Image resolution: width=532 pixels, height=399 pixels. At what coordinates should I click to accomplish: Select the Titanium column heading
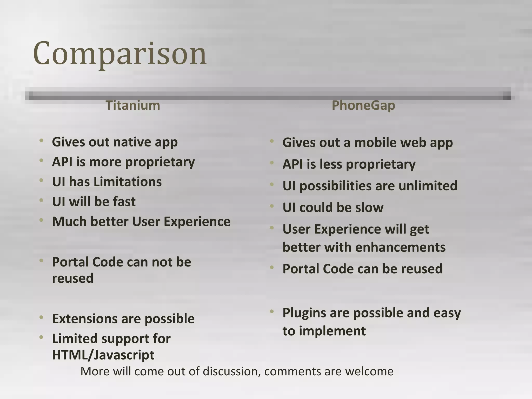[133, 105]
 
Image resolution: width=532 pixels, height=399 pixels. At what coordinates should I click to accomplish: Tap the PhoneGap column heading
[363, 105]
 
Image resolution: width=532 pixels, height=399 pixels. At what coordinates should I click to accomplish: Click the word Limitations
[128, 182]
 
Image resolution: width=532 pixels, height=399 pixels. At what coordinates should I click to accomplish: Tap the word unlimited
[428, 186]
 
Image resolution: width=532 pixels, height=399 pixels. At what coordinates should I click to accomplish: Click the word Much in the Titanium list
[69, 222]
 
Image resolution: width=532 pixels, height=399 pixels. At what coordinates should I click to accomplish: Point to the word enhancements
[400, 247]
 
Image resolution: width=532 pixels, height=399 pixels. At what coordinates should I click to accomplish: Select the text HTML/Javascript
[103, 355]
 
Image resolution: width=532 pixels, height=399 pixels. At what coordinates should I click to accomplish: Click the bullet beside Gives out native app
[41, 141]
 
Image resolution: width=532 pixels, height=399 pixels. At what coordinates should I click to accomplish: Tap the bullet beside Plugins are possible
[272, 311]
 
